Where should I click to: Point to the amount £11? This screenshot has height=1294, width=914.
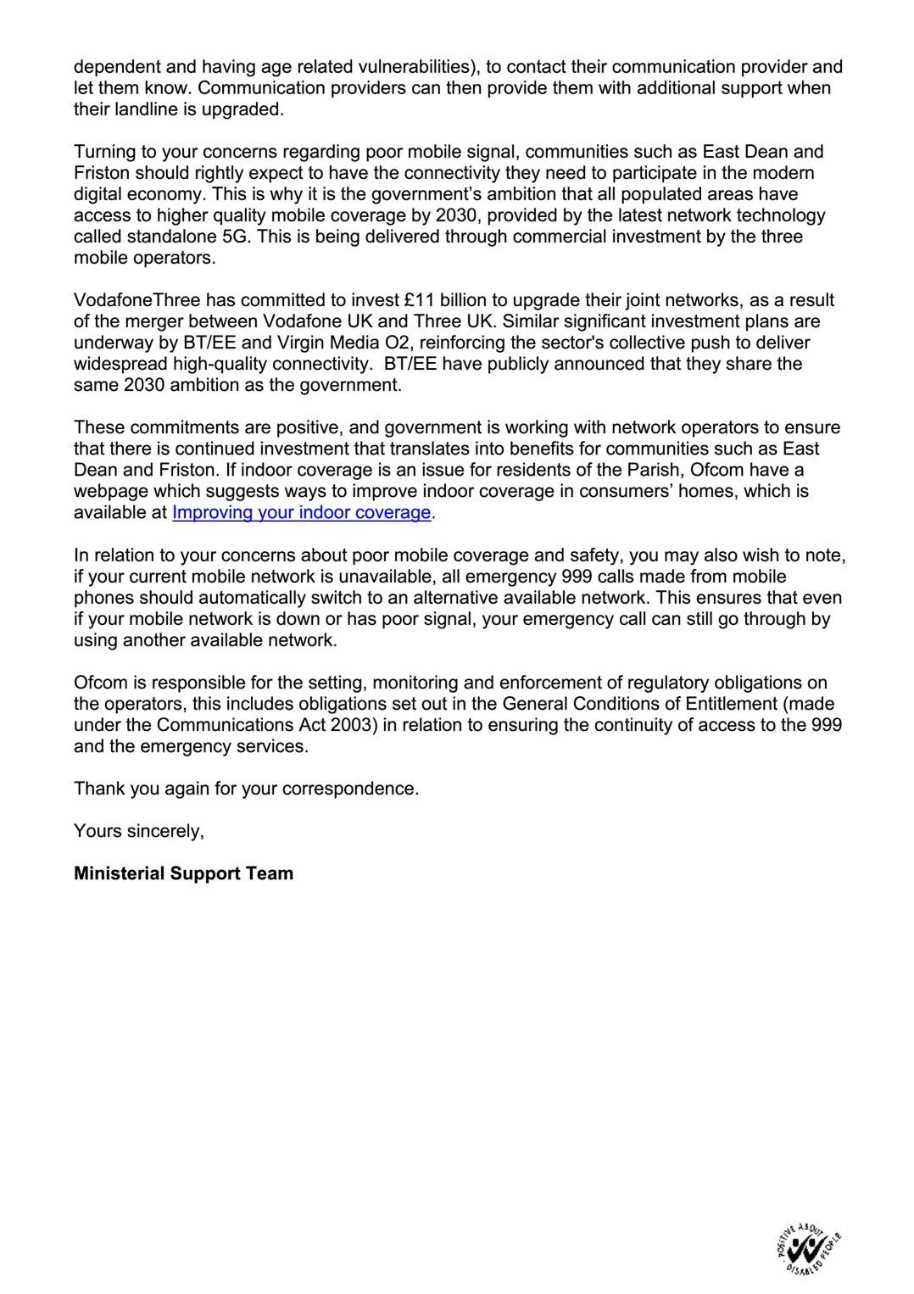[x=420, y=300]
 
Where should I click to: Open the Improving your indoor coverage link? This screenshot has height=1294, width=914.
[x=301, y=512]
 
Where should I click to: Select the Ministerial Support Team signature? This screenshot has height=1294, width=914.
[x=183, y=873]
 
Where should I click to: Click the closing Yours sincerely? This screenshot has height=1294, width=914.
[x=139, y=831]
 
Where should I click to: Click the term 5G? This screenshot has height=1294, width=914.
[x=239, y=237]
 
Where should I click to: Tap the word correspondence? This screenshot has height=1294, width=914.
[x=348, y=789]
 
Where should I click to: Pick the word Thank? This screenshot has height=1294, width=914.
[x=98, y=789]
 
